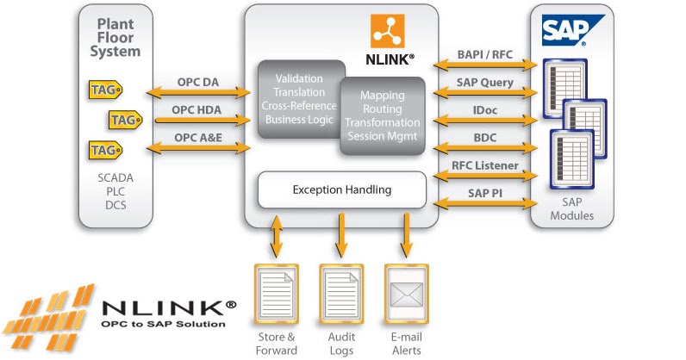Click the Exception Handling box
point(341,189)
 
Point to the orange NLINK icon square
point(387,31)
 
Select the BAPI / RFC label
point(484,53)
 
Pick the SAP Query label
point(484,83)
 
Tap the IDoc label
point(484,111)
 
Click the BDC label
point(484,138)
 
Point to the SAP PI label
point(484,194)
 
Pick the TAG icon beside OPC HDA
point(125,119)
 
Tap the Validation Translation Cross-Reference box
point(297,97)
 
